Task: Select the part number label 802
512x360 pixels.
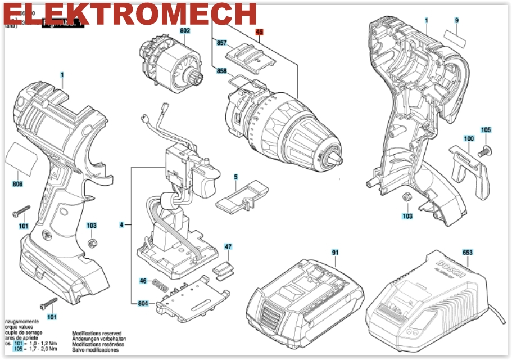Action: pyautogui.click(x=185, y=31)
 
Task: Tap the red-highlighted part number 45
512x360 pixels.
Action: pyautogui.click(x=259, y=33)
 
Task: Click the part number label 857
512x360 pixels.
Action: pyautogui.click(x=221, y=43)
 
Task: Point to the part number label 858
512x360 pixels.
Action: pyautogui.click(x=221, y=71)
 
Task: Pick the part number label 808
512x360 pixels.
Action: pyautogui.click(x=18, y=184)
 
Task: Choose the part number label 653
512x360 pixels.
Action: pyautogui.click(x=467, y=253)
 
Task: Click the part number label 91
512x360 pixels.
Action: pyautogui.click(x=335, y=253)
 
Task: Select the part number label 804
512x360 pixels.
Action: pyautogui.click(x=143, y=304)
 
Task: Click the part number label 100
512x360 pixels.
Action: pyautogui.click(x=469, y=138)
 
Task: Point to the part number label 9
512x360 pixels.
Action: pyautogui.click(x=457, y=20)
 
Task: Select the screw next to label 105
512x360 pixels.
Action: pyautogui.click(x=483, y=150)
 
